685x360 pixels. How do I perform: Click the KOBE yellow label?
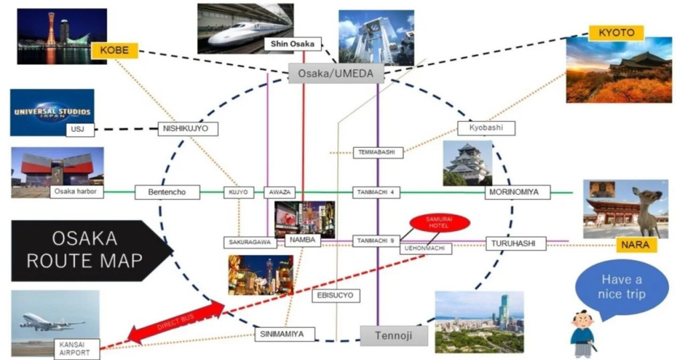click(114, 51)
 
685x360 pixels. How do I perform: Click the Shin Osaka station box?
click(292, 44)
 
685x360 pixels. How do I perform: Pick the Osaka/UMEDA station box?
click(336, 74)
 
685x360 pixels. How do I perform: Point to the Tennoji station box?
click(394, 335)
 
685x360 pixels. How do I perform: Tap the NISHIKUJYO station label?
click(188, 128)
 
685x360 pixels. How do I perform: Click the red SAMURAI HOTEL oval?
click(440, 222)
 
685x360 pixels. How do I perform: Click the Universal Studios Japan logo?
click(52, 111)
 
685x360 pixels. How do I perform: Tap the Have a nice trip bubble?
click(621, 288)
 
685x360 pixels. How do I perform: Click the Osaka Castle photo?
click(468, 163)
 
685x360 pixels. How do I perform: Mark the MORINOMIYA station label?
click(516, 193)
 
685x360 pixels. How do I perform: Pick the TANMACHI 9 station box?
click(376, 241)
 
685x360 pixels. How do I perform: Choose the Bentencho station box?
click(168, 193)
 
